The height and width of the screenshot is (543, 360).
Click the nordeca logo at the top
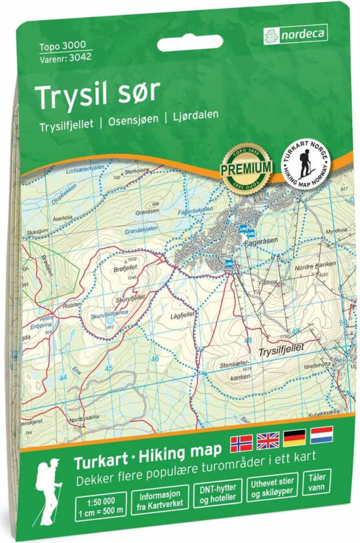click(x=295, y=34)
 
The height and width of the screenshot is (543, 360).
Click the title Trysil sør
click(x=98, y=95)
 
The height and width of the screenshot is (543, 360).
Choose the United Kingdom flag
click(x=268, y=441)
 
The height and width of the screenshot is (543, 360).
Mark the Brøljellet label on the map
click(x=126, y=267)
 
